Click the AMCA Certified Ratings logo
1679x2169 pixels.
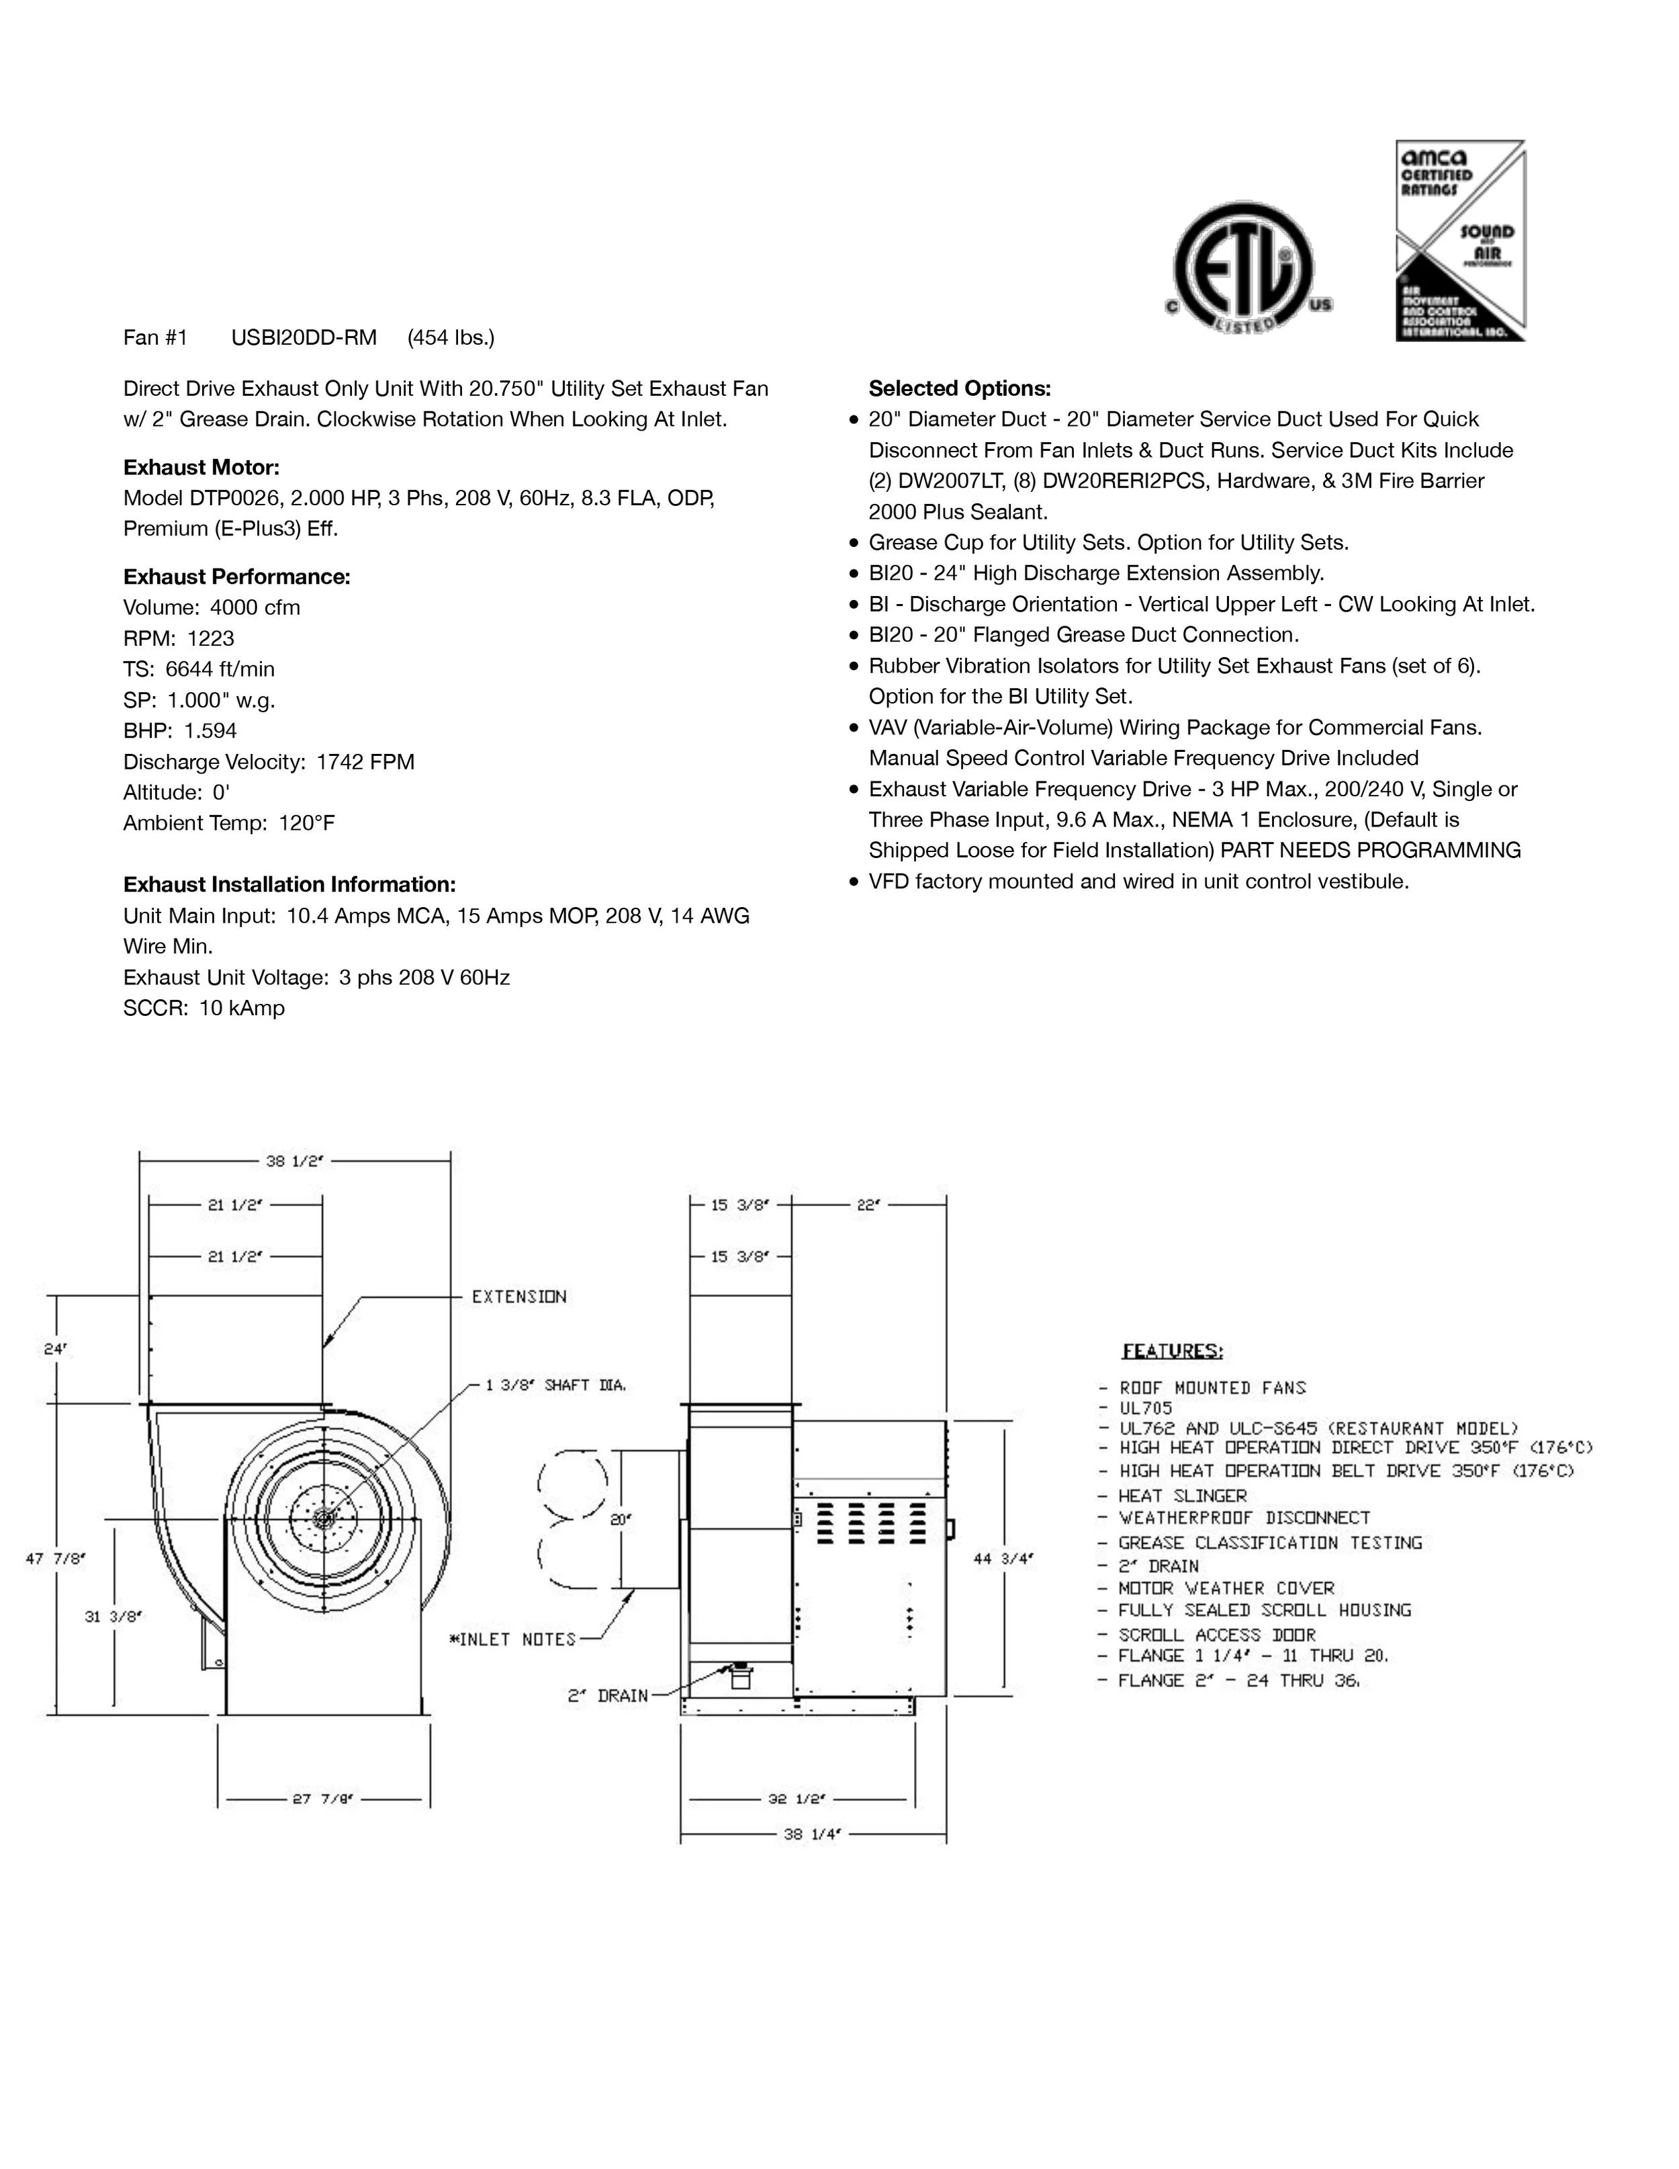click(1459, 241)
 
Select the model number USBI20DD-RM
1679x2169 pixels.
click(304, 338)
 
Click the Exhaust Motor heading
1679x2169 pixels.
click(201, 467)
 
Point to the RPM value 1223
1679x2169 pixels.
click(210, 638)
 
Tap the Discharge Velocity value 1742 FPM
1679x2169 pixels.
click(365, 762)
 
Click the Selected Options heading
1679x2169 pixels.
click(959, 388)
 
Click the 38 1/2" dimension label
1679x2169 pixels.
click(295, 1160)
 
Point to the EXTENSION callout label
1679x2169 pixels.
click(518, 1296)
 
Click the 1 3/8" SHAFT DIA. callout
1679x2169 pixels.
click(556, 1384)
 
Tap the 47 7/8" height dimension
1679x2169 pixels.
click(56, 1558)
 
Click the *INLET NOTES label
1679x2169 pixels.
click(512, 1639)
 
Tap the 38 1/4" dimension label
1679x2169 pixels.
click(812, 1833)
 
